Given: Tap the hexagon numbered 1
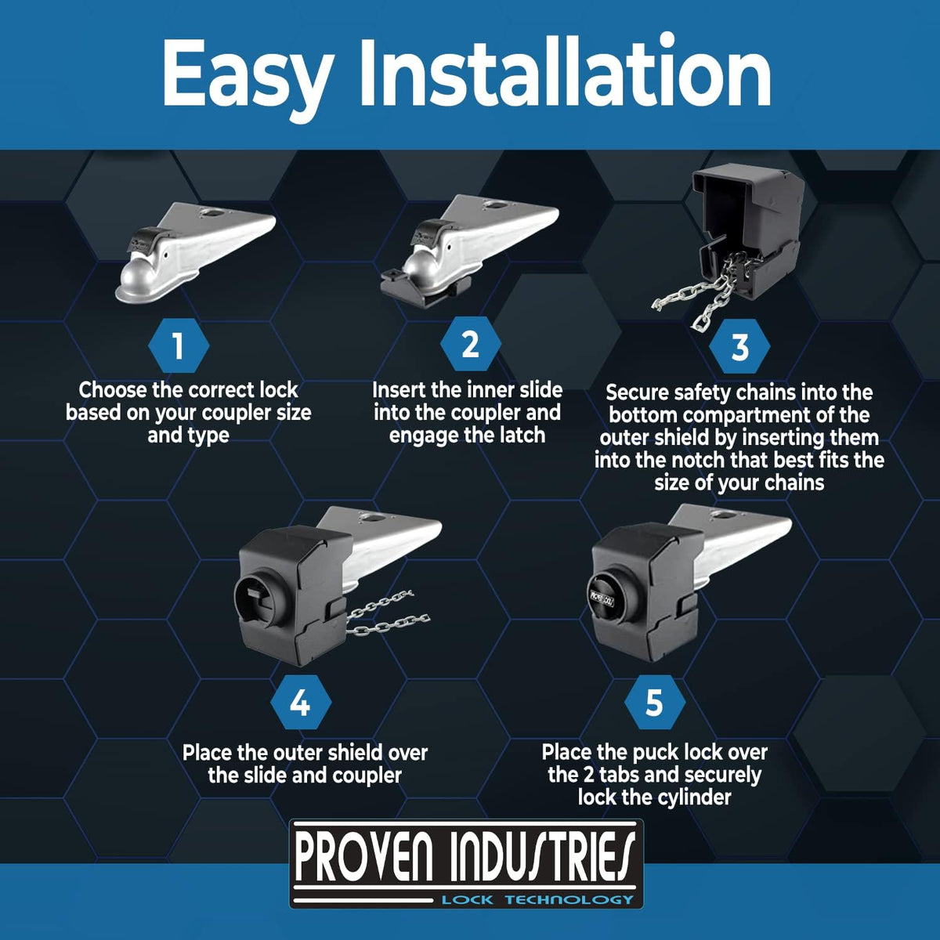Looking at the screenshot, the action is pos(179,346).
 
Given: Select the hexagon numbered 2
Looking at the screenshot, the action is pos(470,344).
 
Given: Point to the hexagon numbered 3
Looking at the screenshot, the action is pos(739,347).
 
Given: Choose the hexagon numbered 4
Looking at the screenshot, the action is pos(301,703).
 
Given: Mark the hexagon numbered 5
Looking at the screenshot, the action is pos(655,703).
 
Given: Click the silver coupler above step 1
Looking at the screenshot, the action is pos(195,251).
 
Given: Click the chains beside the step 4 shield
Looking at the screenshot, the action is pos(388,613).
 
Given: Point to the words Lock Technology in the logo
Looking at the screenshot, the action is pos(537,899).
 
